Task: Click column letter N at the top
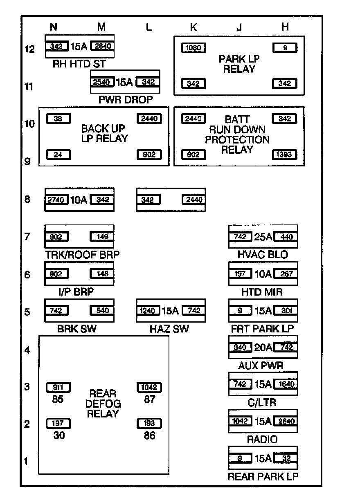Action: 54,27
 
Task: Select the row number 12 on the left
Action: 29,49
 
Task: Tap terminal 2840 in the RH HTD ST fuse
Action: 102,47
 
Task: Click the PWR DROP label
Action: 126,99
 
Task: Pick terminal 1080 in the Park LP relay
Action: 193,48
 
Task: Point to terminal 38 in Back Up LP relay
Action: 58,119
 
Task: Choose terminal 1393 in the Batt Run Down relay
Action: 285,155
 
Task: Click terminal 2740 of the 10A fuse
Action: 56,200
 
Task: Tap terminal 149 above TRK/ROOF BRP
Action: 102,236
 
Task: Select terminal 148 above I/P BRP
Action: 102,274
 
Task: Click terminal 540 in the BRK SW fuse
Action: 102,311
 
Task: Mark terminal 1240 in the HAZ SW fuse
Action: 148,311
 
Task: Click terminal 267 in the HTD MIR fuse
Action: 286,274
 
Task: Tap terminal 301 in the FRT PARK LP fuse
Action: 286,311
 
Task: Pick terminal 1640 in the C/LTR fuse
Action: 286,384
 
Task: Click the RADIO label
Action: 262,440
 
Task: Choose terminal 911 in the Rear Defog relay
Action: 58,387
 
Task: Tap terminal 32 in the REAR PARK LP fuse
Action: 286,458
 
